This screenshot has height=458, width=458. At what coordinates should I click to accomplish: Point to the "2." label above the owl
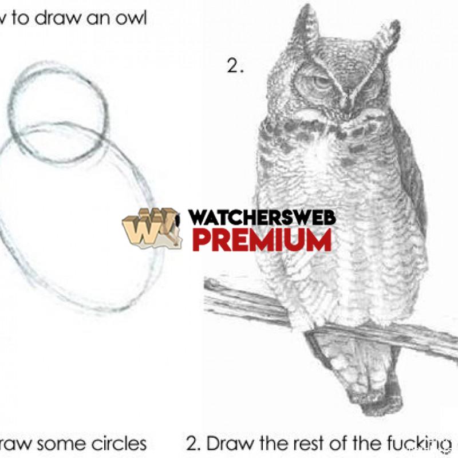[x=235, y=66]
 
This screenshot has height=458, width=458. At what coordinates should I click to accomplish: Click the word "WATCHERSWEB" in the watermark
[x=262, y=218]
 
